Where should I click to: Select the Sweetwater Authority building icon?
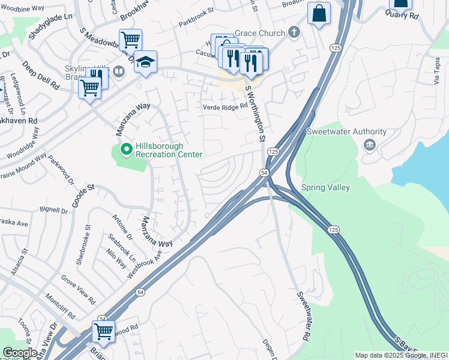369,145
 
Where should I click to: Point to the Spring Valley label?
325,187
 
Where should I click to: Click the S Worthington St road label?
255,113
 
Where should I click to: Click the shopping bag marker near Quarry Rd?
319,13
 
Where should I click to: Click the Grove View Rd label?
78,289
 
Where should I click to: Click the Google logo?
19,353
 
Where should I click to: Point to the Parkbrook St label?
196,25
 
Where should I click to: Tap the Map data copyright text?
400,355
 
